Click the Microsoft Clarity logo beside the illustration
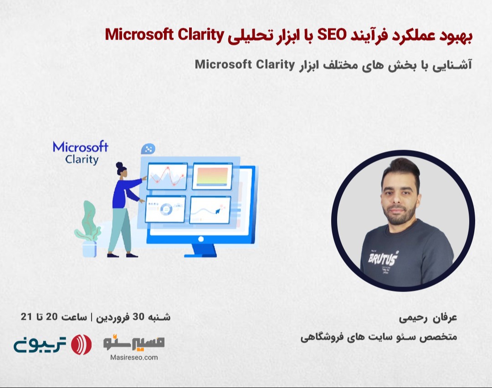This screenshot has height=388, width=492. pos(80,153)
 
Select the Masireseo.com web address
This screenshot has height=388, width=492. pos(134,357)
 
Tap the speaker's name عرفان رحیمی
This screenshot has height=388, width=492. pos(428,318)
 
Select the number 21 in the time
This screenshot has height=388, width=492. pos(26,317)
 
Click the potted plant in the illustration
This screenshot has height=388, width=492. pos(88,230)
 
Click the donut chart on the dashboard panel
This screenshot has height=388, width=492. pos(165,209)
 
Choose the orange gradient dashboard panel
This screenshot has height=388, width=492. pos(212,176)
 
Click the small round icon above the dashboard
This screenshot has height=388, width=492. pos(148,148)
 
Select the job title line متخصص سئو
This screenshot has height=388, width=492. pos(379,338)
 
